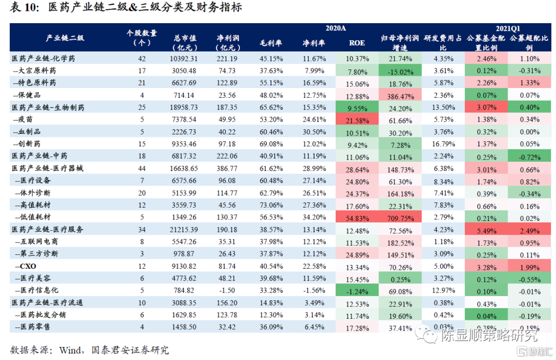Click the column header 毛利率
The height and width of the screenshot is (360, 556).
click(x=271, y=43)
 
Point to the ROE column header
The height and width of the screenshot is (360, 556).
click(x=357, y=43)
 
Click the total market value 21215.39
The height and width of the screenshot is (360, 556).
click(x=184, y=230)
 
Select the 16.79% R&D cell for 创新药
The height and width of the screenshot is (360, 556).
click(x=441, y=144)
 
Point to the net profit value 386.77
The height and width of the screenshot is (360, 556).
click(x=227, y=168)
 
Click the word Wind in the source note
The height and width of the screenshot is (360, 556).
click(x=70, y=350)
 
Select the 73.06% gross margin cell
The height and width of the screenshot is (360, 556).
click(x=271, y=205)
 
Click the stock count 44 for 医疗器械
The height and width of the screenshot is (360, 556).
click(x=142, y=168)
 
